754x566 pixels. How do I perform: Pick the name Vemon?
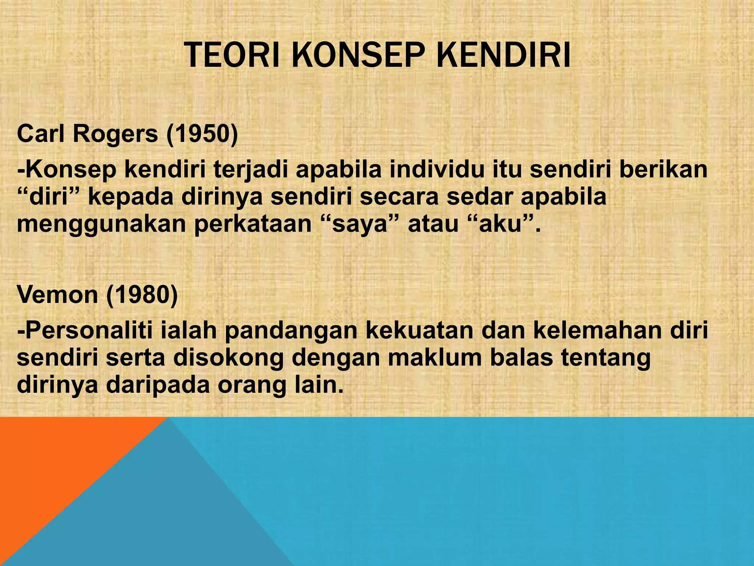click(57, 295)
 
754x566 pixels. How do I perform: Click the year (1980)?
click(142, 295)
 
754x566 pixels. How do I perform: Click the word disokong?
click(228, 358)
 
